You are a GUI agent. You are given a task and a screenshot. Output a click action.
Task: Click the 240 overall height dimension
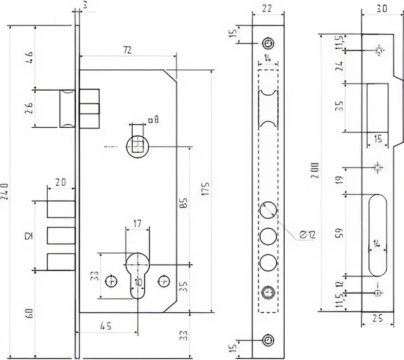(6, 184)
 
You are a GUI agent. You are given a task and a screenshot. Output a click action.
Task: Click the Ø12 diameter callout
(305, 233)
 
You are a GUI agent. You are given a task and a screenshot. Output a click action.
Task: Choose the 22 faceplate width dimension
(268, 9)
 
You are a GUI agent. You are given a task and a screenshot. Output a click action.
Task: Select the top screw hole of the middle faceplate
(268, 42)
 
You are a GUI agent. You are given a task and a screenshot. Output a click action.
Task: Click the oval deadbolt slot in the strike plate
(376, 235)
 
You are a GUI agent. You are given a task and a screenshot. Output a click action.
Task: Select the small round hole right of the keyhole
(162, 279)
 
